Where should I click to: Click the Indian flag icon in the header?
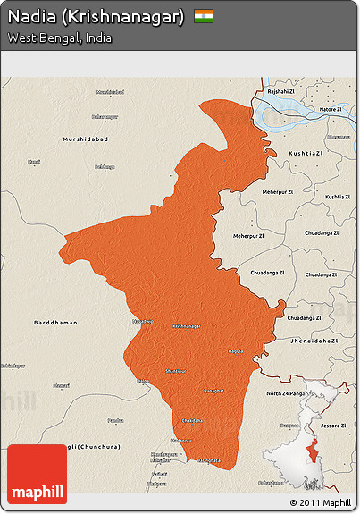pyautogui.click(x=205, y=17)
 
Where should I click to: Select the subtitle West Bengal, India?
pyautogui.click(x=60, y=38)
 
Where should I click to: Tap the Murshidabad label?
pyautogui.click(x=86, y=139)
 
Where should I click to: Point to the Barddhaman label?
pyautogui.click(x=55, y=322)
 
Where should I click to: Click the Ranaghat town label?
pyautogui.click(x=215, y=391)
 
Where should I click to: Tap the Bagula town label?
pyautogui.click(x=235, y=351)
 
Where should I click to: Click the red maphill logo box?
pyautogui.click(x=37, y=474)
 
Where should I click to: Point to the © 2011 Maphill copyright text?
pyautogui.click(x=321, y=502)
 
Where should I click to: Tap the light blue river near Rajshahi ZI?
pyautogui.click(x=295, y=116)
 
